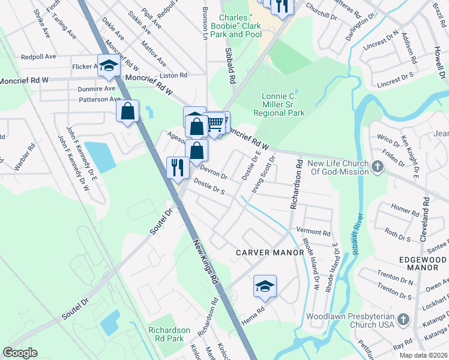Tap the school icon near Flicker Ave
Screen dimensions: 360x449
point(109,66)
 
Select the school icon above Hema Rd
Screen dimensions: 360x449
point(265,287)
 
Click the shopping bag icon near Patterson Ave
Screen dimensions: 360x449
point(128,111)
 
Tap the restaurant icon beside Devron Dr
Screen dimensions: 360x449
point(177,167)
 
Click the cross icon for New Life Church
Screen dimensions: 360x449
point(378,166)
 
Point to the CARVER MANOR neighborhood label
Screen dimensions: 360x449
point(270,253)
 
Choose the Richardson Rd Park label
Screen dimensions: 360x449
point(169,335)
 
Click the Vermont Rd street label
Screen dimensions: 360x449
point(318,233)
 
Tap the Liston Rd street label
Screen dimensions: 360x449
point(173,76)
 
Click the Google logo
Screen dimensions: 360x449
point(20,353)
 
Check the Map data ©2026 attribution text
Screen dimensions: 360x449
point(423,355)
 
